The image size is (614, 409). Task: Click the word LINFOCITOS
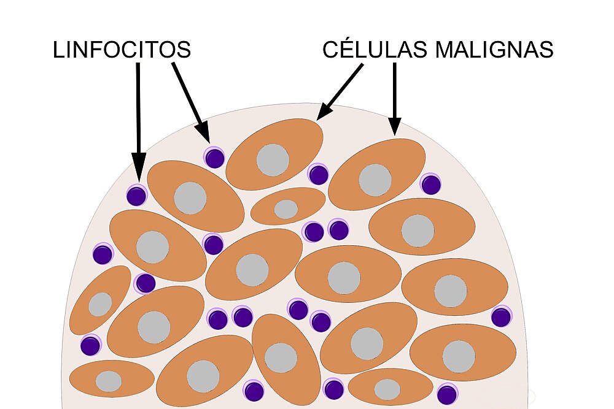tap(122, 50)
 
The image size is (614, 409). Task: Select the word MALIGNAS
tap(494, 49)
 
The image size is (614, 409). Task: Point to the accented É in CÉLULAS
tap(348, 48)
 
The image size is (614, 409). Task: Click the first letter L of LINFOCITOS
tap(58, 50)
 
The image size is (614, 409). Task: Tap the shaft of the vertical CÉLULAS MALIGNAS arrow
tap(395, 90)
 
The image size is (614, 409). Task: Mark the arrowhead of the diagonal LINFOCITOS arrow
tap(203, 132)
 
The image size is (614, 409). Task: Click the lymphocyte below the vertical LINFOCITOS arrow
tap(137, 196)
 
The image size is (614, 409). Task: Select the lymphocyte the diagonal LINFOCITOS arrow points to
tap(214, 158)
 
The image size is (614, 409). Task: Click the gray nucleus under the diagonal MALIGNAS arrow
tap(273, 160)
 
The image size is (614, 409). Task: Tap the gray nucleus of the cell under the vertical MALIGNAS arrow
tap(375, 180)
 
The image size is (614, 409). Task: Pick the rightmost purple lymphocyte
tap(501, 317)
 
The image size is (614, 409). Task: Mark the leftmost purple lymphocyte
tap(90, 346)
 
